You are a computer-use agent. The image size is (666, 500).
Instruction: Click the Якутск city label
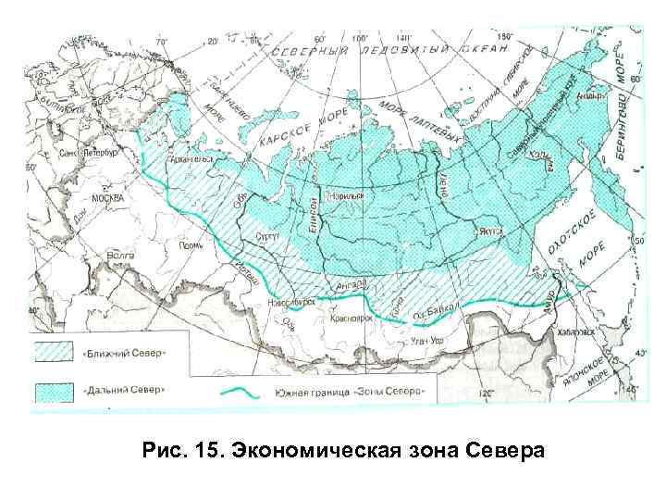tap(489, 232)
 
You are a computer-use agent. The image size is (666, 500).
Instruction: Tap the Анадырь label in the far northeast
tap(589, 95)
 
